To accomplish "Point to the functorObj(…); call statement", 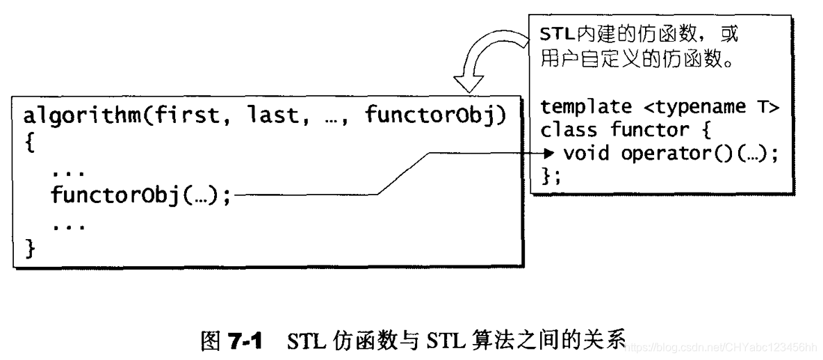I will click(140, 196).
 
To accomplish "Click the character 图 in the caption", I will click(210, 341).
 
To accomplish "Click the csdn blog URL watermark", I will click(723, 346).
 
